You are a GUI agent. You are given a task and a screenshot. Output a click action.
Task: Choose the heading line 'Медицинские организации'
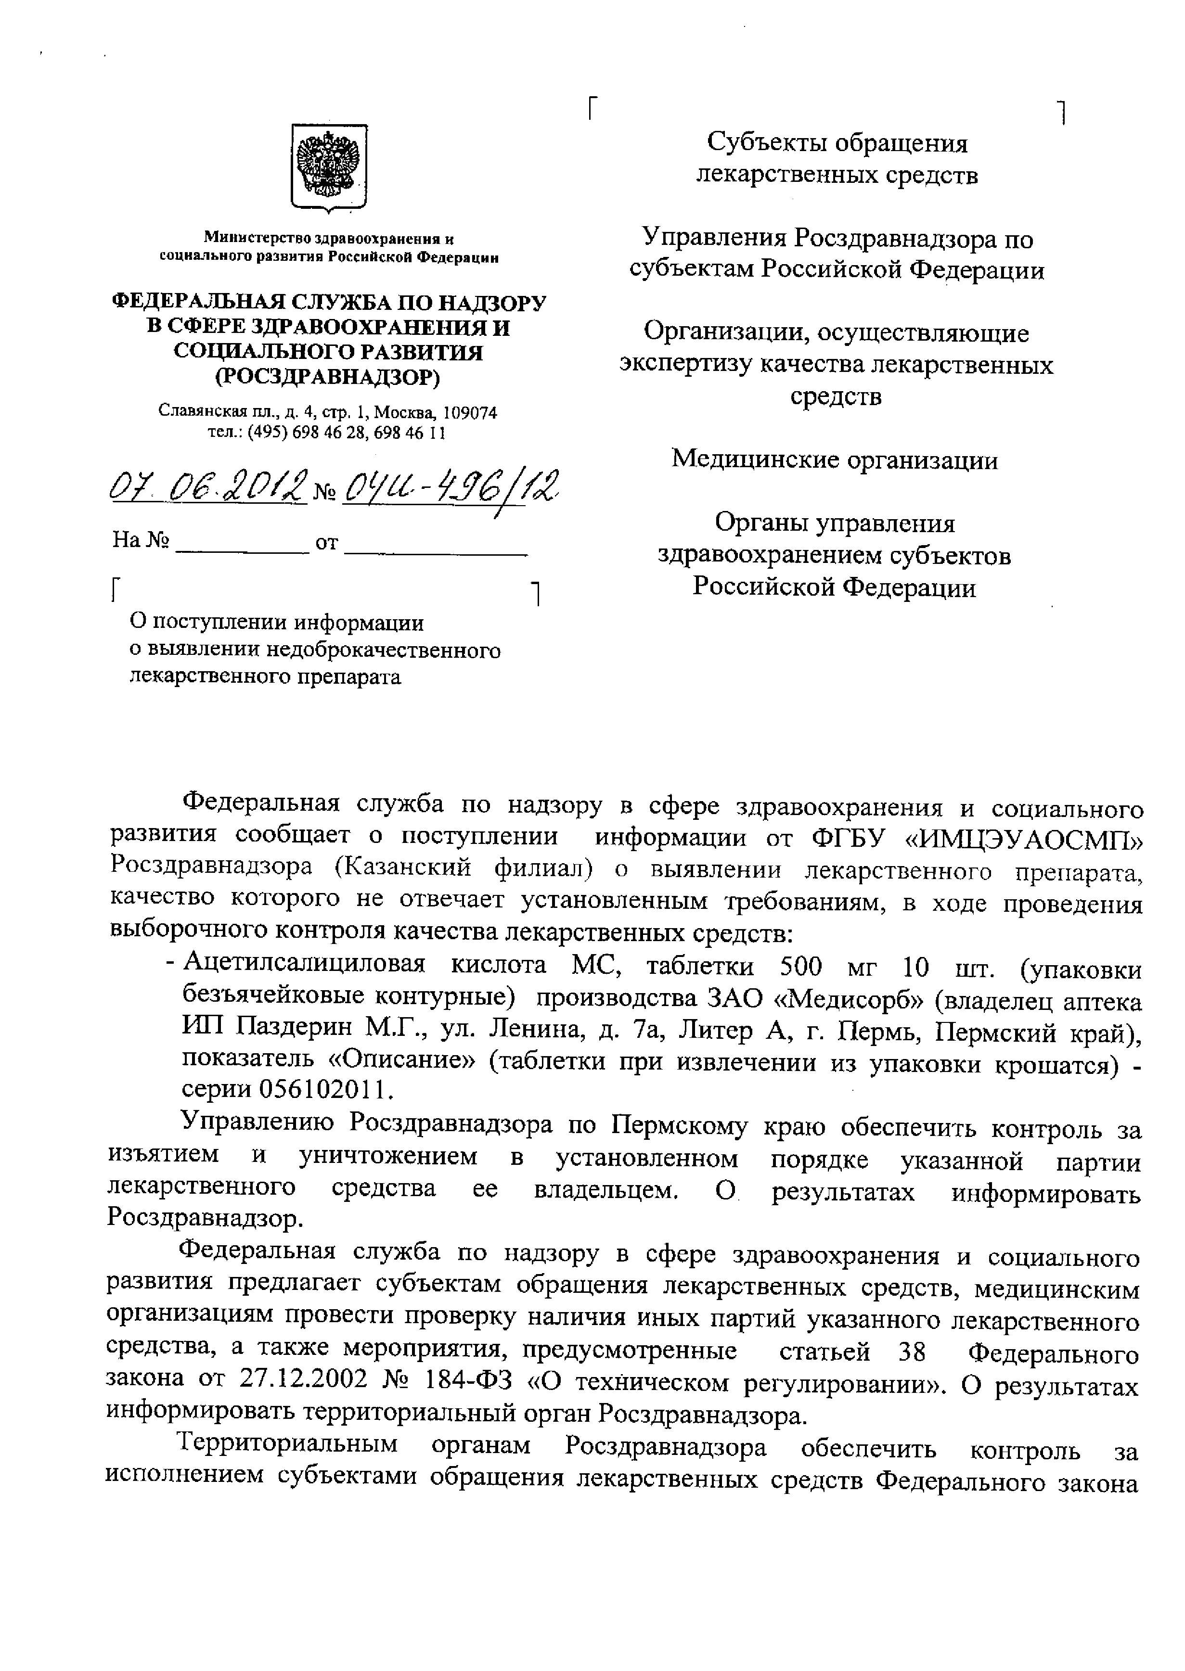(x=834, y=459)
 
